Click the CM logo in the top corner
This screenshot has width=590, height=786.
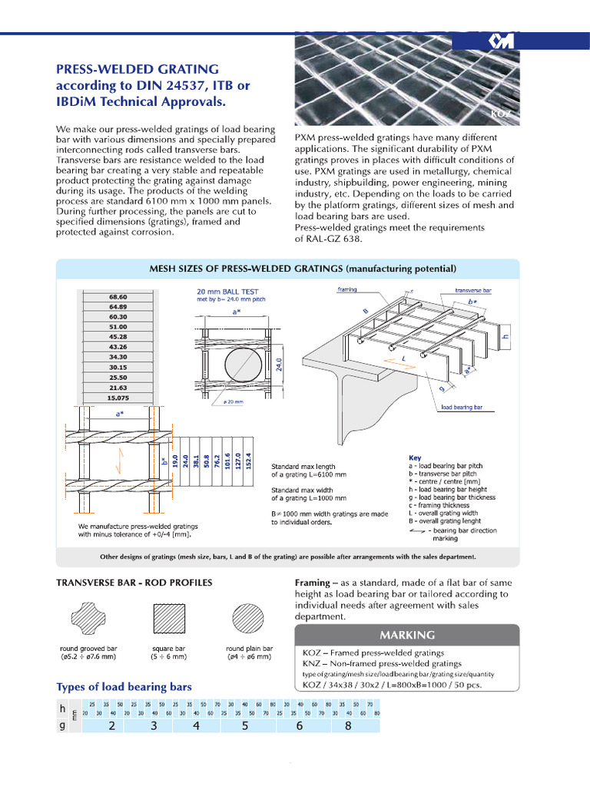(x=500, y=41)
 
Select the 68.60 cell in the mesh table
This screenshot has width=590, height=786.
(x=118, y=297)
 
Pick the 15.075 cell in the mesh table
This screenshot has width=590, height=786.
(x=118, y=398)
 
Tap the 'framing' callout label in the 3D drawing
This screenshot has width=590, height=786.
(x=350, y=289)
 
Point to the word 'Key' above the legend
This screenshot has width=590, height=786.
(x=415, y=457)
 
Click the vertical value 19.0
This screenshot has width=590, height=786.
(x=176, y=461)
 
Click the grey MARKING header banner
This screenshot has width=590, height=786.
(x=406, y=636)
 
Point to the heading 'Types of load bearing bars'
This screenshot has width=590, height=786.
(x=124, y=686)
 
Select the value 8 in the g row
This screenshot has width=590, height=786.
(x=348, y=725)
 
